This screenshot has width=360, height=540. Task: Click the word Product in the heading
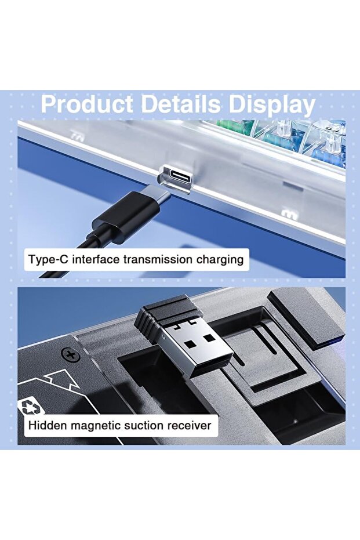tap(87, 104)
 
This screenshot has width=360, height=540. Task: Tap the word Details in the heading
tap(180, 104)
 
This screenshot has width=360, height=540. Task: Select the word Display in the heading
tap(272, 105)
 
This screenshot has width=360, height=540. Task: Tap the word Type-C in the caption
tap(48, 259)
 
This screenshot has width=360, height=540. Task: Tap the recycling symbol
tap(31, 407)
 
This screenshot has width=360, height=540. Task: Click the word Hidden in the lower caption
tap(48, 425)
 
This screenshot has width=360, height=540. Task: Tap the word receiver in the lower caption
tap(190, 426)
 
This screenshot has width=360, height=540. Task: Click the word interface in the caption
tap(96, 259)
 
